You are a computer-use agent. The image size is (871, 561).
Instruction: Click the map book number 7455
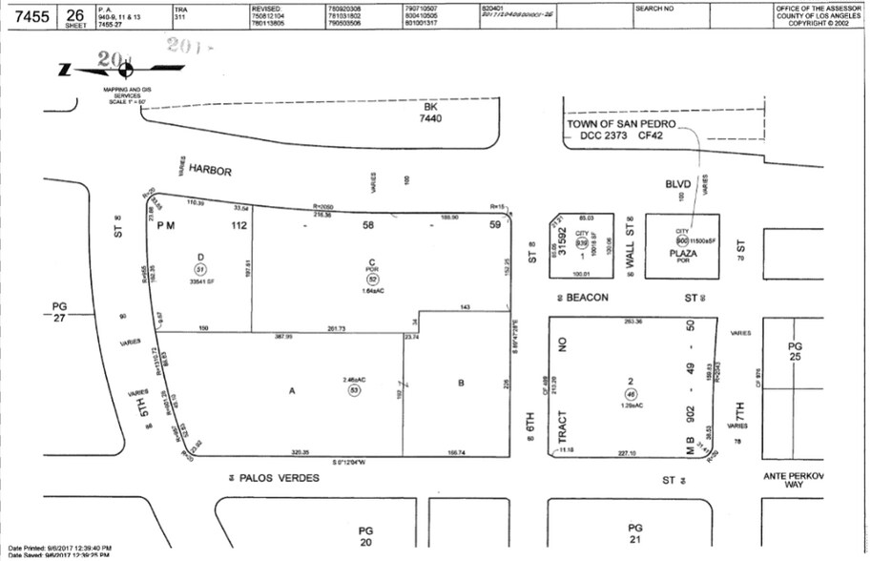[x=28, y=15]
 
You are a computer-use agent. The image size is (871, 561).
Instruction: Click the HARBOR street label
[x=210, y=171]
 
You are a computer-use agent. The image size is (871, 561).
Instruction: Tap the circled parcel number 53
[x=354, y=389]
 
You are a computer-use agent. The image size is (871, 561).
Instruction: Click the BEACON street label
[x=587, y=298]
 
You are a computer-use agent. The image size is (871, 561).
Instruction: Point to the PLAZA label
[x=683, y=254]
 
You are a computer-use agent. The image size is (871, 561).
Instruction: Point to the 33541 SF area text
[x=201, y=282]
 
